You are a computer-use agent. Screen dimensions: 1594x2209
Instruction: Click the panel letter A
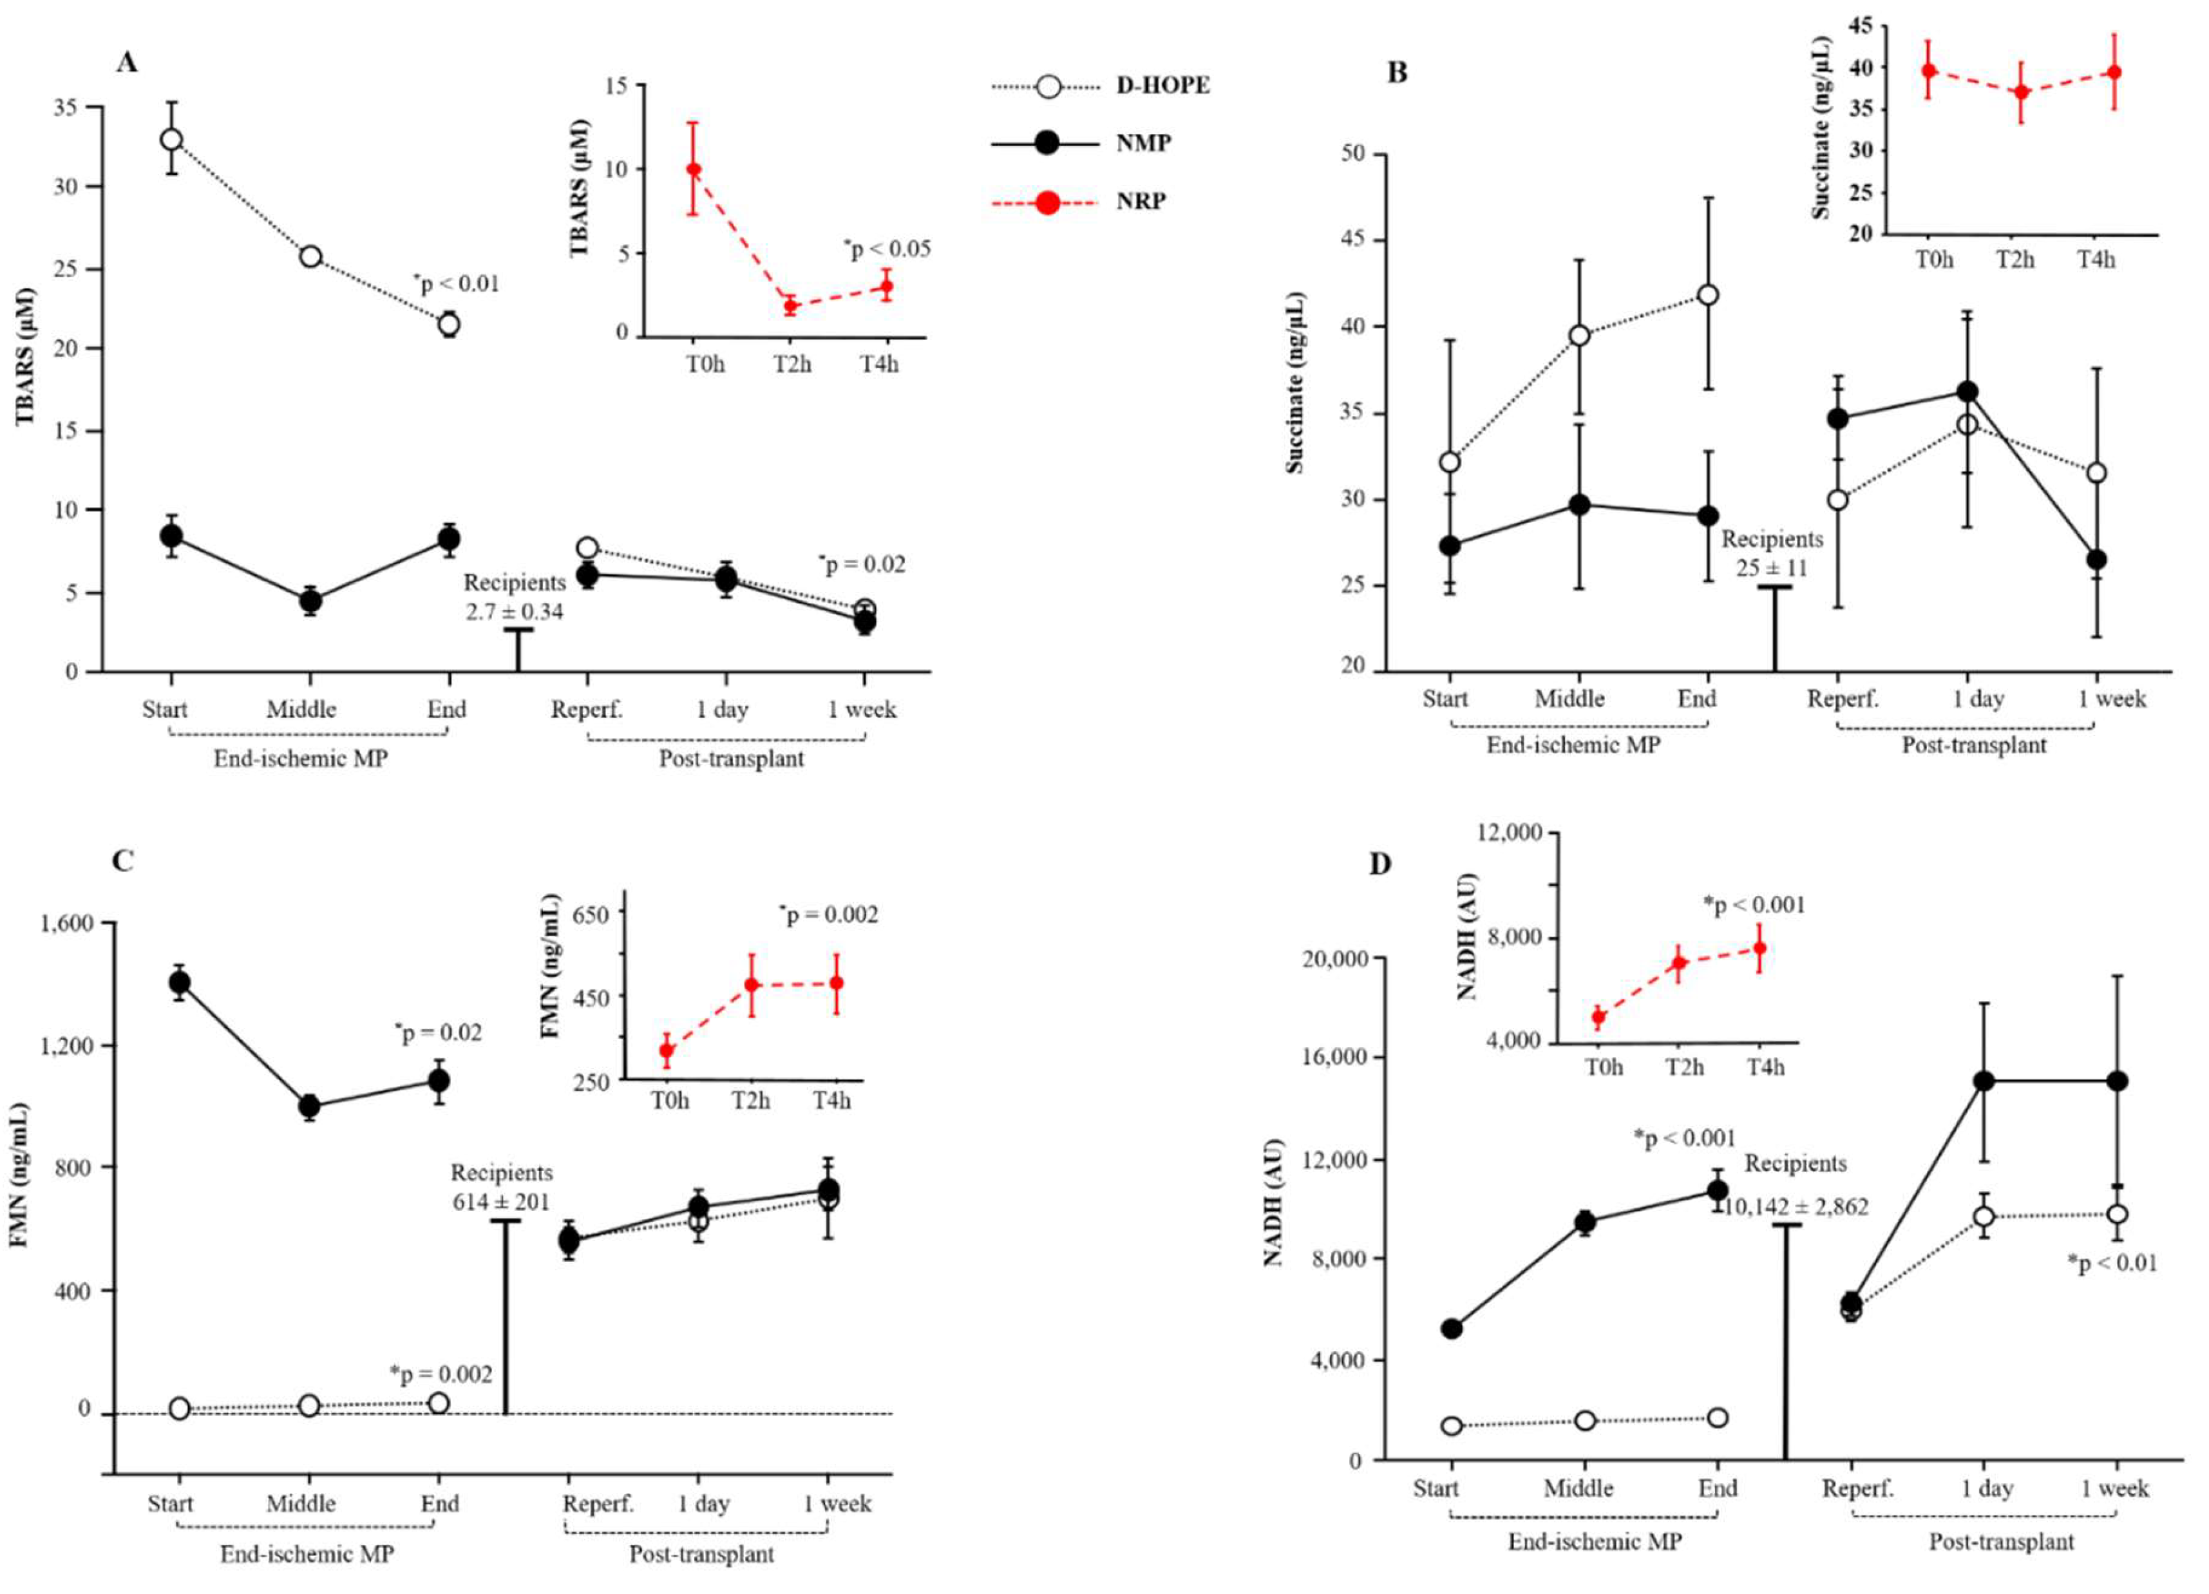click(127, 63)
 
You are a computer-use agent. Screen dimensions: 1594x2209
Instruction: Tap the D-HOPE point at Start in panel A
click(171, 139)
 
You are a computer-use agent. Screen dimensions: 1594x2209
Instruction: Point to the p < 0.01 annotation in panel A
click(456, 284)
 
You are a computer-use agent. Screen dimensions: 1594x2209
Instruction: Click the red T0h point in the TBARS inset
click(694, 169)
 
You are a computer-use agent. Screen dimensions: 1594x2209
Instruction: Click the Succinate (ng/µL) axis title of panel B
click(1294, 382)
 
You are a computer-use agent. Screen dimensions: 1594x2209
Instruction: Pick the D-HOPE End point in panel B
click(1707, 295)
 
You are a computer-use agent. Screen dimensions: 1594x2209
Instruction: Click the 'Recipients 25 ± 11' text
click(1772, 553)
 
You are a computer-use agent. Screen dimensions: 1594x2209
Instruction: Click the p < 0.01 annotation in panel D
click(2112, 1264)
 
